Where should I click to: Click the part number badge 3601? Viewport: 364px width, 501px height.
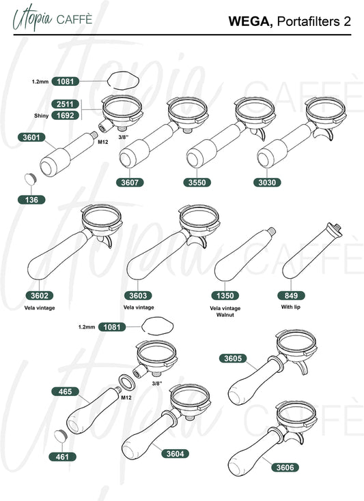tap(31, 138)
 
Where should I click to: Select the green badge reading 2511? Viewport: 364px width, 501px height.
tap(66, 104)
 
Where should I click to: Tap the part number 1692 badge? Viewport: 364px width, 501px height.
tap(66, 115)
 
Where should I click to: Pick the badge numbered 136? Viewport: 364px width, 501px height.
tap(31, 200)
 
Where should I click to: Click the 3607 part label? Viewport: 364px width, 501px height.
tap(130, 183)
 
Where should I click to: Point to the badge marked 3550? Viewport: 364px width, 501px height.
tap(197, 183)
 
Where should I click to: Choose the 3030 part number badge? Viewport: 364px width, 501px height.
tap(267, 183)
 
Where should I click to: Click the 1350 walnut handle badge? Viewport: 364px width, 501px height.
tap(225, 296)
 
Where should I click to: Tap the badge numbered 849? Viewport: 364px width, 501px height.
tap(291, 296)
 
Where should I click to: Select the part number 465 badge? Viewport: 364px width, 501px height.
tap(66, 391)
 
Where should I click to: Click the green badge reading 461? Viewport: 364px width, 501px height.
tap(62, 457)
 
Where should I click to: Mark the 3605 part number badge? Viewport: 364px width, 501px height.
tap(233, 358)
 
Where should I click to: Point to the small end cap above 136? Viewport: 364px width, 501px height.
tap(31, 179)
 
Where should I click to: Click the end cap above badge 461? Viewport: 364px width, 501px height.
tap(60, 436)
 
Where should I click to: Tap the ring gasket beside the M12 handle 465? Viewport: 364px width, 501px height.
tap(127, 382)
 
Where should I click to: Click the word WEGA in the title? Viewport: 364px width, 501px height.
tap(251, 21)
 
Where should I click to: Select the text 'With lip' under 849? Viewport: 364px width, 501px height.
tap(291, 307)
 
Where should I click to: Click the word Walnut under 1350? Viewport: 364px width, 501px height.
tap(225, 315)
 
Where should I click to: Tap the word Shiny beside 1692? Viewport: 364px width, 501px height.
tap(41, 116)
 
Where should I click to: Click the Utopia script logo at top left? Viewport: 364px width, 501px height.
tap(32, 18)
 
